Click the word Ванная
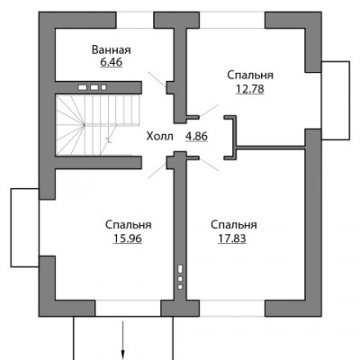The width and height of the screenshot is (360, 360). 112,49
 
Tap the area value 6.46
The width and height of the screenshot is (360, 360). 112,62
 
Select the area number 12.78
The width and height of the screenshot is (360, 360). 249,89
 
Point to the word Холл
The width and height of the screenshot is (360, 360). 160,137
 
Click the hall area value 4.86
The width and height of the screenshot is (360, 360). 196,137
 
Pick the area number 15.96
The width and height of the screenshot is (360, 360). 128,238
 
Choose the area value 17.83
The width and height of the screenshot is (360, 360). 232,238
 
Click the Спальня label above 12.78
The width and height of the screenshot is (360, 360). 250,75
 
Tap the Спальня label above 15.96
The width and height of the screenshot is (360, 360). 129,225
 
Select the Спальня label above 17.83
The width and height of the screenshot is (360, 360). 234,225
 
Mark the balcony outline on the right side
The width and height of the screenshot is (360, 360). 349,101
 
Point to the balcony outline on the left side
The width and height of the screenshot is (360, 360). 11,228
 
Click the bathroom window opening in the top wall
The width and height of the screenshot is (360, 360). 135,21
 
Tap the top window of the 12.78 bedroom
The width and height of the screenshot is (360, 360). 232,21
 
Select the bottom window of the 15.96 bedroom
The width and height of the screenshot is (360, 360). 128,308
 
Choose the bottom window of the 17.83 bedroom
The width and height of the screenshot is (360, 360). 232,308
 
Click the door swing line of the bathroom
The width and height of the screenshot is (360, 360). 157,79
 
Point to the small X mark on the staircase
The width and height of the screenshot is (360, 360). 109,140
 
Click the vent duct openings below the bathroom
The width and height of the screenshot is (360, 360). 92,87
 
